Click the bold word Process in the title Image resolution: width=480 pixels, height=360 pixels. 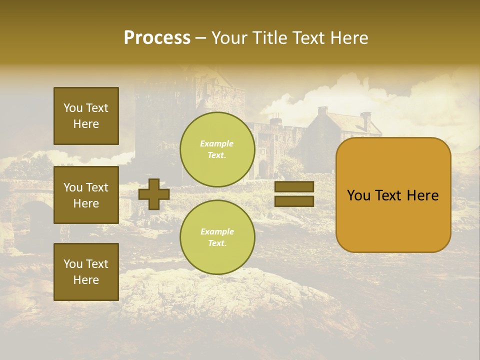(157, 38)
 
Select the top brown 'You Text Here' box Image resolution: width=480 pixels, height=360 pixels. (86, 116)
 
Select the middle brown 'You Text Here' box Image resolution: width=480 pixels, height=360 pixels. (86, 195)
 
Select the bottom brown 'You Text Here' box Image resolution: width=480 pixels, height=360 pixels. (86, 272)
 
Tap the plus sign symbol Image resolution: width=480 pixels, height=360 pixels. (154, 194)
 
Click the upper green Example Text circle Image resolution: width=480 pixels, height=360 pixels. (217, 149)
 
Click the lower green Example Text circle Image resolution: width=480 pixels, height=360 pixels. (217, 237)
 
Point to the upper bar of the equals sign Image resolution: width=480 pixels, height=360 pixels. (294, 187)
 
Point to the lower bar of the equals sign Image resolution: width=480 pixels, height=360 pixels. (294, 201)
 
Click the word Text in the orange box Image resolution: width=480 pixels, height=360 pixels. (390, 195)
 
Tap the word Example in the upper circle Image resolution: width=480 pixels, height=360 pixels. (216, 143)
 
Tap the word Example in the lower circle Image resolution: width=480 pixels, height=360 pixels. (216, 231)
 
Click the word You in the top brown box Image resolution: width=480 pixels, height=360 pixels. (72, 108)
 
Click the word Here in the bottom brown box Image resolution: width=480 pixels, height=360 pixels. (86, 280)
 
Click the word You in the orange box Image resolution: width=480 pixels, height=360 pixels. (358, 195)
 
